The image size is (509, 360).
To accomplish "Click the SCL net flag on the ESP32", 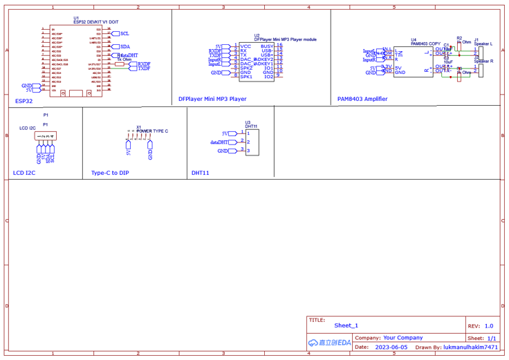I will (124, 33).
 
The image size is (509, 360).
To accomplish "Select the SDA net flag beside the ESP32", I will (124, 47).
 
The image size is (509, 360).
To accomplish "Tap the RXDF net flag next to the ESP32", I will (143, 64).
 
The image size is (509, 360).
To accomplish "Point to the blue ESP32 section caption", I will (24, 101).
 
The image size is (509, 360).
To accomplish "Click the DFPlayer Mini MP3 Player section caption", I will (212, 99).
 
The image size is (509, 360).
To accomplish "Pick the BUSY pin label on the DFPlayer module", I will (267, 46).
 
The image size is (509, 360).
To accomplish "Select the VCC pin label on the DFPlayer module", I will (246, 46).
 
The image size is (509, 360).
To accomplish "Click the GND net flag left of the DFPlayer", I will (217, 73).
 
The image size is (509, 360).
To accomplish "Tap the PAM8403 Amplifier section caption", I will (362, 99).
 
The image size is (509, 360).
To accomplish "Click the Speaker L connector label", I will (483, 44).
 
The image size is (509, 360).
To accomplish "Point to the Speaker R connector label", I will (483, 61).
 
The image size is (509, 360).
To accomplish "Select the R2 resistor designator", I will (459, 39).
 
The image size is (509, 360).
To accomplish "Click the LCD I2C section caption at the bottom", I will (24, 173).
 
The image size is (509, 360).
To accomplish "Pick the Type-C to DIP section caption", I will (110, 173).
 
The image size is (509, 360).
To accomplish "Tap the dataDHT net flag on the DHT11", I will (220, 142).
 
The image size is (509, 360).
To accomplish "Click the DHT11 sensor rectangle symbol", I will (252, 142).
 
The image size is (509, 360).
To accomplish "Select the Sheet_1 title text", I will (346, 325).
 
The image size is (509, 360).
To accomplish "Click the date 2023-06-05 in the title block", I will (391, 348).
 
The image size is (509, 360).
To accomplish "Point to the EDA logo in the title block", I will (330, 343).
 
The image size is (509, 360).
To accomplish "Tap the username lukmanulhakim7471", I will (470, 348).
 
